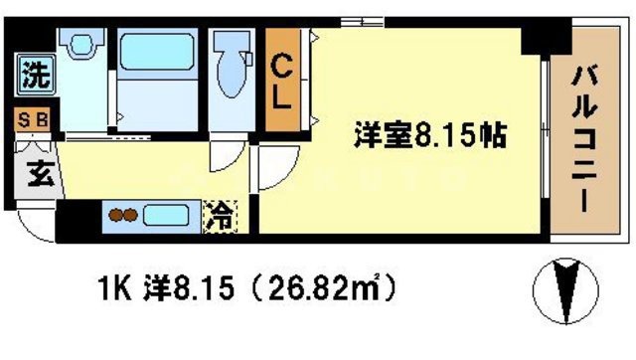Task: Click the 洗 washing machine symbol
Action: [x=35, y=74]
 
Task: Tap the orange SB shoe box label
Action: [x=34, y=121]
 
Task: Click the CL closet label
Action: [x=282, y=84]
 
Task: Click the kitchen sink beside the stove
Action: [x=169, y=215]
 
